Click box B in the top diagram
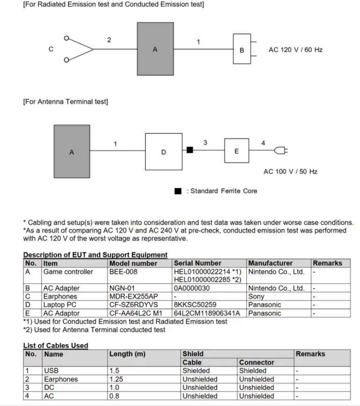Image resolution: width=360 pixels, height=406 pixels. pyautogui.click(x=242, y=49)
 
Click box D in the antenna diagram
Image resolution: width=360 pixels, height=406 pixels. pyautogui.click(x=163, y=152)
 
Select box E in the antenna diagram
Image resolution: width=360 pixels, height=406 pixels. pyautogui.click(x=236, y=151)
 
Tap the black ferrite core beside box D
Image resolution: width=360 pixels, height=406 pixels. pyautogui.click(x=190, y=150)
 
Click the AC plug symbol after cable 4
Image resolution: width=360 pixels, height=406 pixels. pyautogui.click(x=281, y=150)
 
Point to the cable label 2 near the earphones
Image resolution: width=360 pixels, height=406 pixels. pyautogui.click(x=109, y=40)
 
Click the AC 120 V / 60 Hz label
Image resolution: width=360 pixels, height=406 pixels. pyautogui.click(x=295, y=50)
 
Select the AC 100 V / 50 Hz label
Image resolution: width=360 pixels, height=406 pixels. pyautogui.click(x=290, y=171)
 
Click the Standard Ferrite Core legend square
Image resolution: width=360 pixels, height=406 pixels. pyautogui.click(x=178, y=191)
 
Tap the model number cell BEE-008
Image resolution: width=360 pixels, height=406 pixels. pyautogui.click(x=124, y=272)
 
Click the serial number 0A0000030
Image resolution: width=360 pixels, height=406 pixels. pyautogui.click(x=192, y=288)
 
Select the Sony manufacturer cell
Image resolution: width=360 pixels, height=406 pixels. pyautogui.click(x=256, y=297)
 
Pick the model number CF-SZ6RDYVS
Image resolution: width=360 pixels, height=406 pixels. pyautogui.click(x=134, y=305)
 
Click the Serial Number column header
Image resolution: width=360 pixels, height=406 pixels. pyautogui.click(x=198, y=263)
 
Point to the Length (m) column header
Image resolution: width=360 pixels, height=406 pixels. pyautogui.click(x=127, y=354)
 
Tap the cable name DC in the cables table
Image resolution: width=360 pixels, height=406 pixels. pyautogui.click(x=49, y=388)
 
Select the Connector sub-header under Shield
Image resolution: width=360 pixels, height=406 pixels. pyautogui.click(x=257, y=362)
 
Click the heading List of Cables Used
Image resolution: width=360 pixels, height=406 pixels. pyautogui.click(x=56, y=346)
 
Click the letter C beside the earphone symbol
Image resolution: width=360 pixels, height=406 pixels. pyautogui.click(x=51, y=49)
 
